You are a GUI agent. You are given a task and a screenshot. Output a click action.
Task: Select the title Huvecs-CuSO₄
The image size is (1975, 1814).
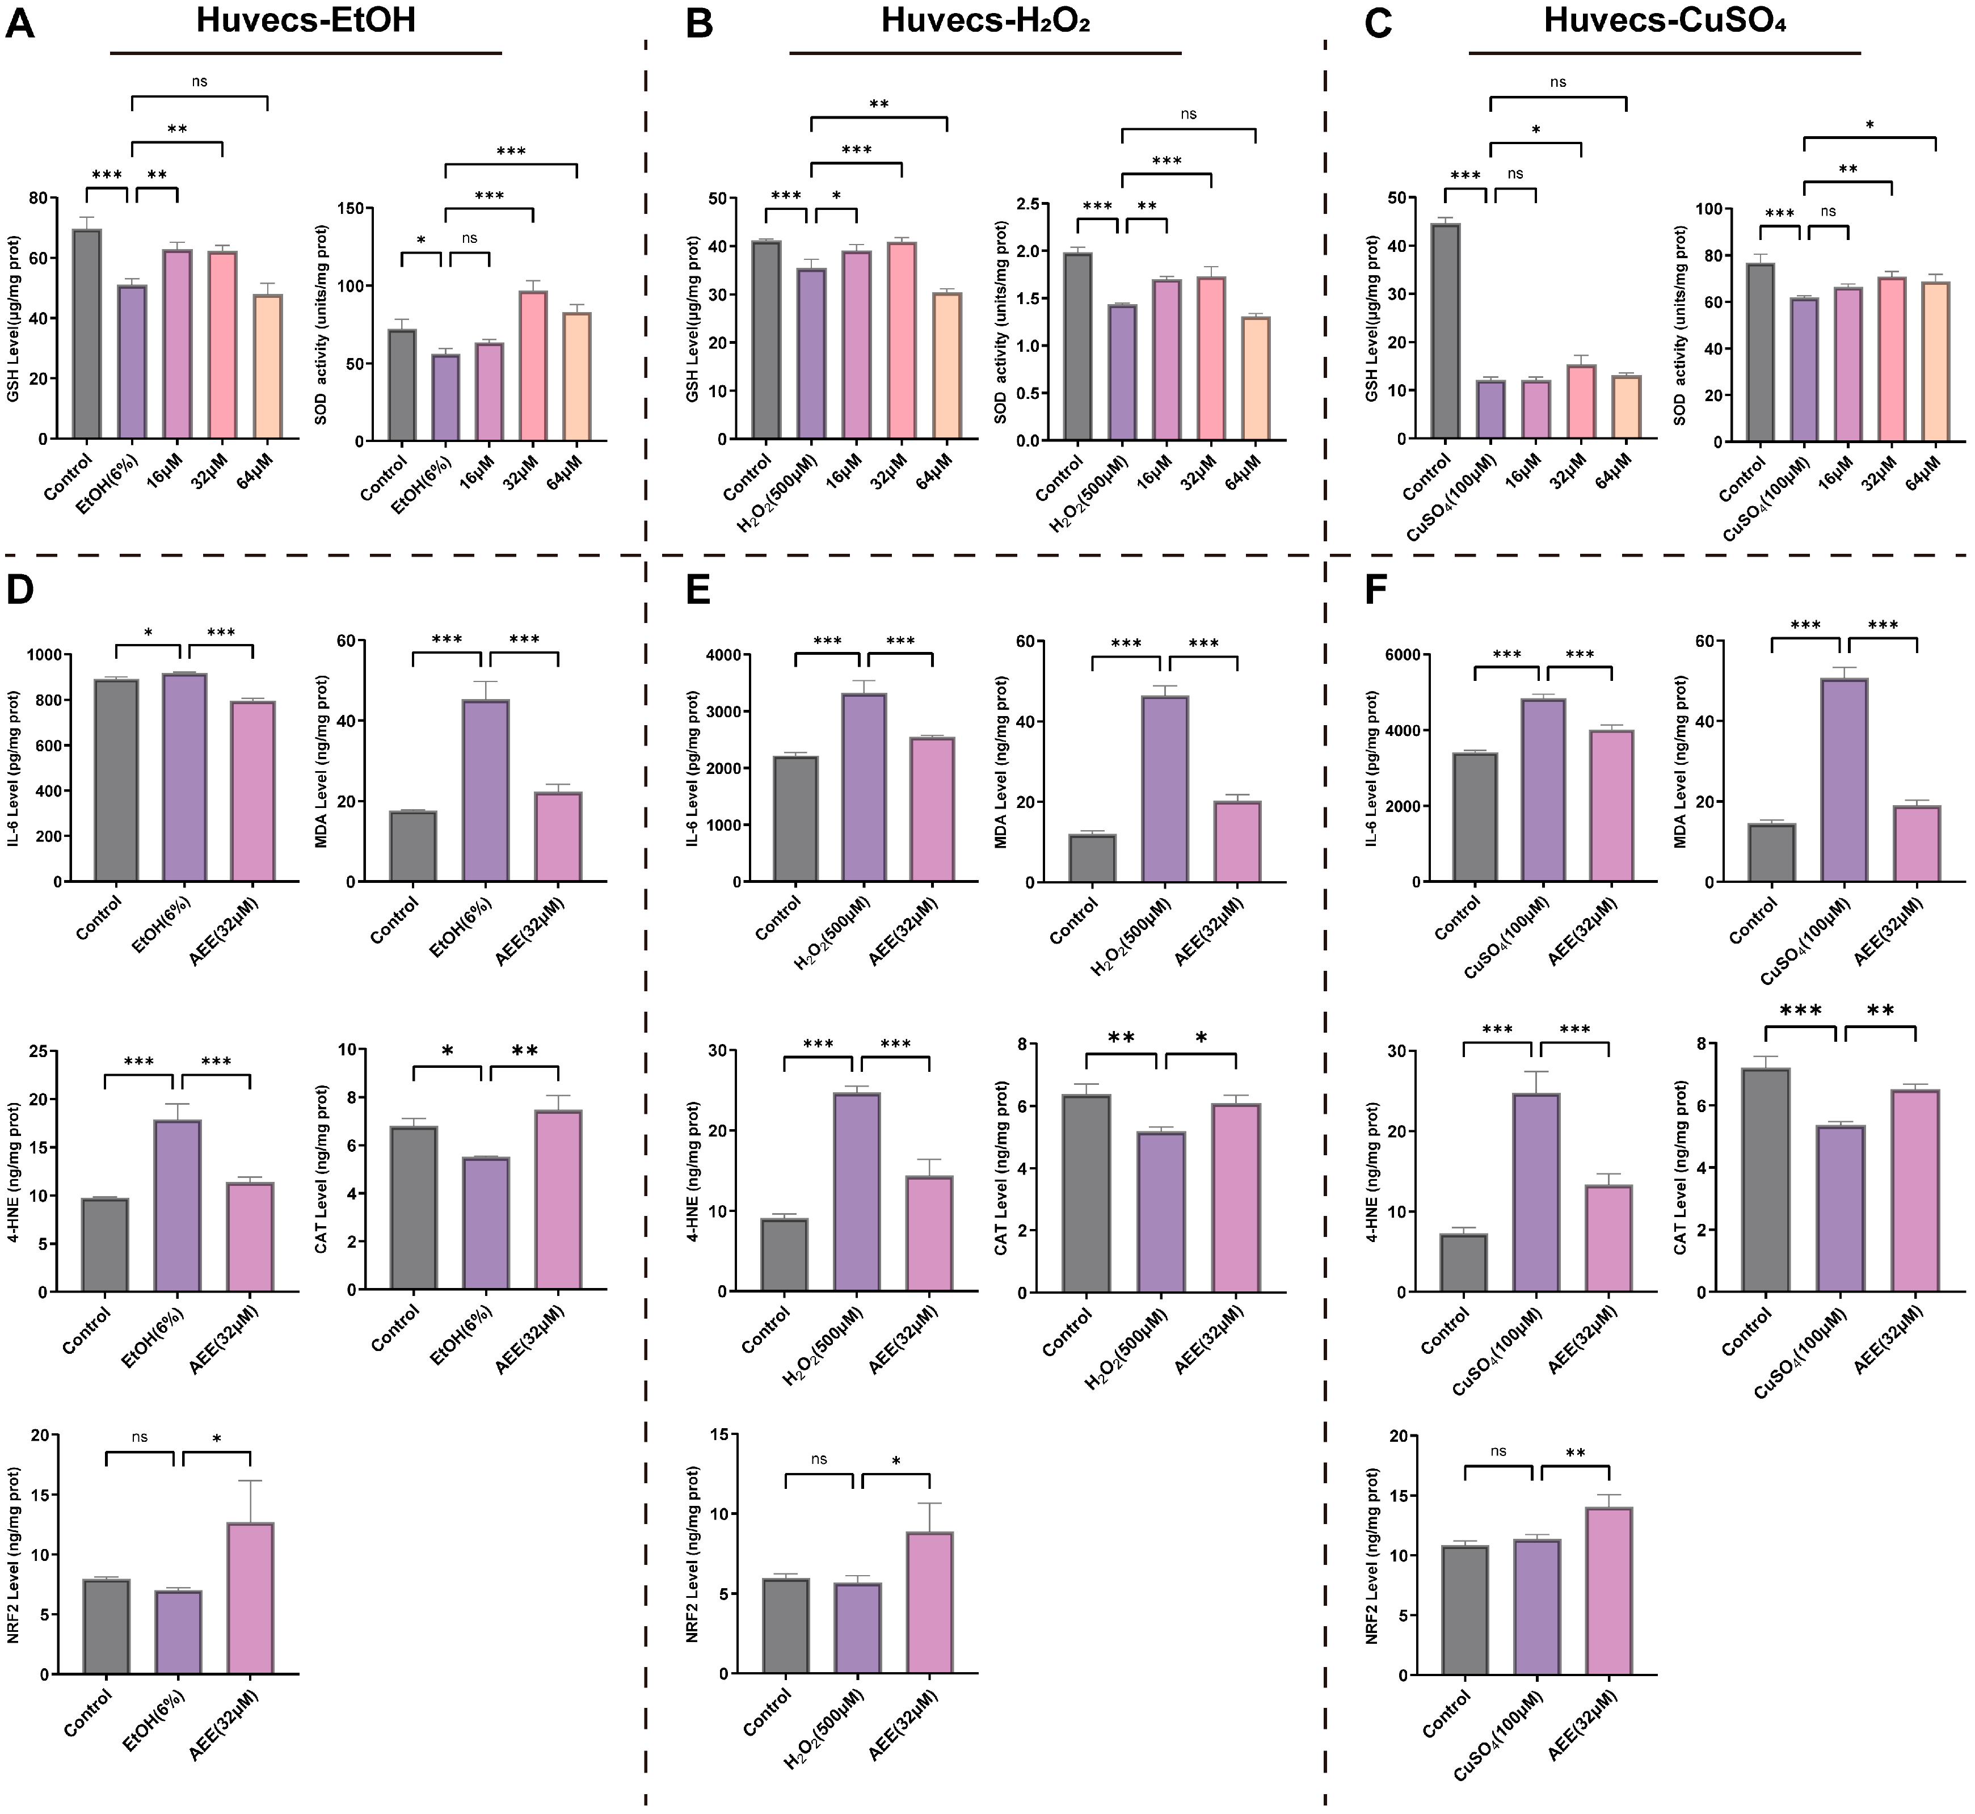1664,20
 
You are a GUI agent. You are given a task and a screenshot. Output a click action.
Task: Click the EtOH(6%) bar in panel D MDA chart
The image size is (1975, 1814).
486,790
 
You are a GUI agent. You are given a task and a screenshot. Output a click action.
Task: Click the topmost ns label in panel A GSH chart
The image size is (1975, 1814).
199,82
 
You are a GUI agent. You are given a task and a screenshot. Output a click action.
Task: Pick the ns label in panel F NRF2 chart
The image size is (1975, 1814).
1498,1451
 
